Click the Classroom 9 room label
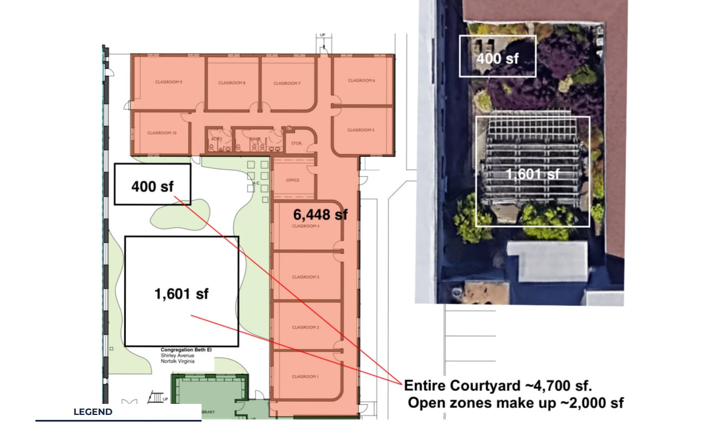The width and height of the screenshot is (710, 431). [169, 82]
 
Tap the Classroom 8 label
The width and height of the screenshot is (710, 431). [231, 83]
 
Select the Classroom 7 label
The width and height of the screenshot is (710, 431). [287, 84]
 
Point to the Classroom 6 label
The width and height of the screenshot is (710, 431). [362, 80]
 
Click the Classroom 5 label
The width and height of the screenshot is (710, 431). [361, 130]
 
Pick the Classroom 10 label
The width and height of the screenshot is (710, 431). [161, 133]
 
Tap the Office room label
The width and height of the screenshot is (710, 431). [293, 180]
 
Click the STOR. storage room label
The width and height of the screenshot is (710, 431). [296, 143]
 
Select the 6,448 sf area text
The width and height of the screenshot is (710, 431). [320, 213]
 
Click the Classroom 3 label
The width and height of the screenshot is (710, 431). [306, 277]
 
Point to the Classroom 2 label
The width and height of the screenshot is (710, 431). [306, 327]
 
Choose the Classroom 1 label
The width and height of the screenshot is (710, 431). [306, 377]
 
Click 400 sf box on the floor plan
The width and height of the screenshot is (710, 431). [152, 186]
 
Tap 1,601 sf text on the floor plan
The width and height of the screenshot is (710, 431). [182, 294]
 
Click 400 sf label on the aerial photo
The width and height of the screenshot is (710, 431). [497, 58]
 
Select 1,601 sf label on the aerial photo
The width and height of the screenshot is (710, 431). [533, 174]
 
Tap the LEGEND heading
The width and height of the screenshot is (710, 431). [93, 412]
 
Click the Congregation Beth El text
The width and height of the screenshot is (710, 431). [186, 350]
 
